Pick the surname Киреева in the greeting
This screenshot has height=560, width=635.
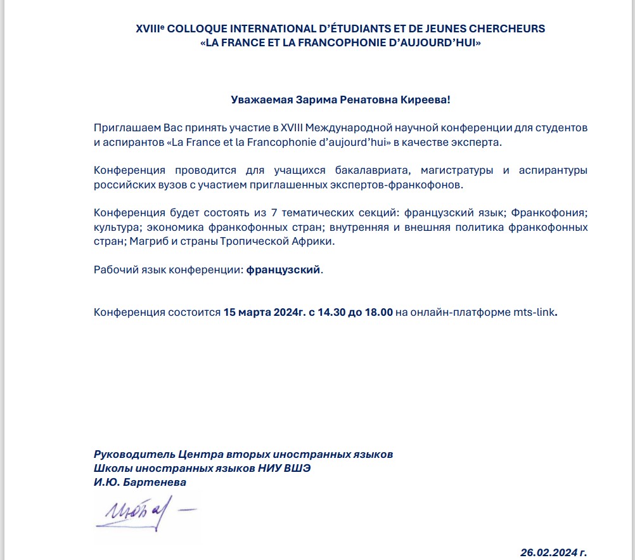click(427, 100)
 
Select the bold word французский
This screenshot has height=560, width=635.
click(283, 270)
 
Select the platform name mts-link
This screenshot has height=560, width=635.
click(534, 312)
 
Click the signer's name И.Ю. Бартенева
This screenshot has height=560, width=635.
click(140, 483)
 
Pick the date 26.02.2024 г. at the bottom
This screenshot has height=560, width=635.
click(558, 552)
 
